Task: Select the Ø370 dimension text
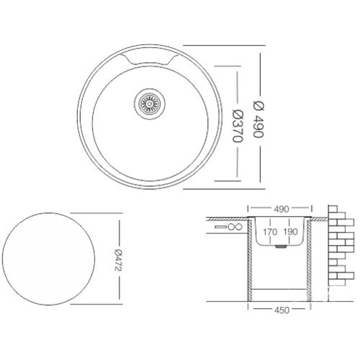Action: point(238,126)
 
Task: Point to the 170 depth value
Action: point(270,232)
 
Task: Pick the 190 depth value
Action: point(290,232)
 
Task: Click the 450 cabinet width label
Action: point(282,310)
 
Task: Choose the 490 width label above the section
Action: point(281,209)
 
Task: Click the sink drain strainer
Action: point(149,104)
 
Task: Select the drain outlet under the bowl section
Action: point(280,246)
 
